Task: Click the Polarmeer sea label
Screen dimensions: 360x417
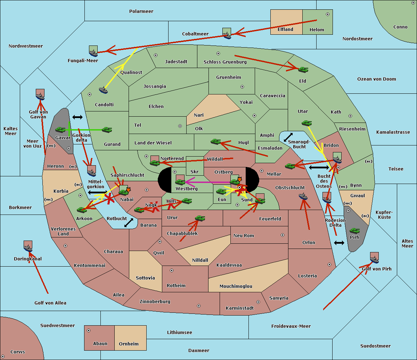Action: [x=141, y=11]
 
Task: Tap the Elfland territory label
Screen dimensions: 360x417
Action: [x=285, y=30]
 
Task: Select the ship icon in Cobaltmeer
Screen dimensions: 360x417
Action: [x=227, y=34]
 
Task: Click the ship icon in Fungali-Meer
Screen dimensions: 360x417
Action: [x=93, y=52]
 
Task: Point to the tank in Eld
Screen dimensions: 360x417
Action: [x=303, y=70]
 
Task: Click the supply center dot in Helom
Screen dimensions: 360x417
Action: [x=327, y=14]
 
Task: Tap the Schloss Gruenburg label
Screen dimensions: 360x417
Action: [x=225, y=62]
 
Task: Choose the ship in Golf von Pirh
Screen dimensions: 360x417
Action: [x=374, y=258]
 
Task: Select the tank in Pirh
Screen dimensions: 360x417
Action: [x=354, y=231]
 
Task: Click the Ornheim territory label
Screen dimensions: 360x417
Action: [x=129, y=344]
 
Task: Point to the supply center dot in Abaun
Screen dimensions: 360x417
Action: [x=89, y=330]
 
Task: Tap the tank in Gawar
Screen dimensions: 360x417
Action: [x=60, y=130]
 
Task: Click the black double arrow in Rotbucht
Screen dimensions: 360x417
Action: [x=129, y=223]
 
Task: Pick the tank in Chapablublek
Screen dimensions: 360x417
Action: [x=200, y=218]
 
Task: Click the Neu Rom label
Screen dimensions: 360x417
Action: [x=244, y=236]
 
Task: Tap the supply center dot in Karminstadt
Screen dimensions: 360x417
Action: [x=258, y=302]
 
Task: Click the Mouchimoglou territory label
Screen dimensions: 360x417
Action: [x=236, y=286]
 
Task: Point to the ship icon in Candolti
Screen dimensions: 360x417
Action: [x=103, y=90]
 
